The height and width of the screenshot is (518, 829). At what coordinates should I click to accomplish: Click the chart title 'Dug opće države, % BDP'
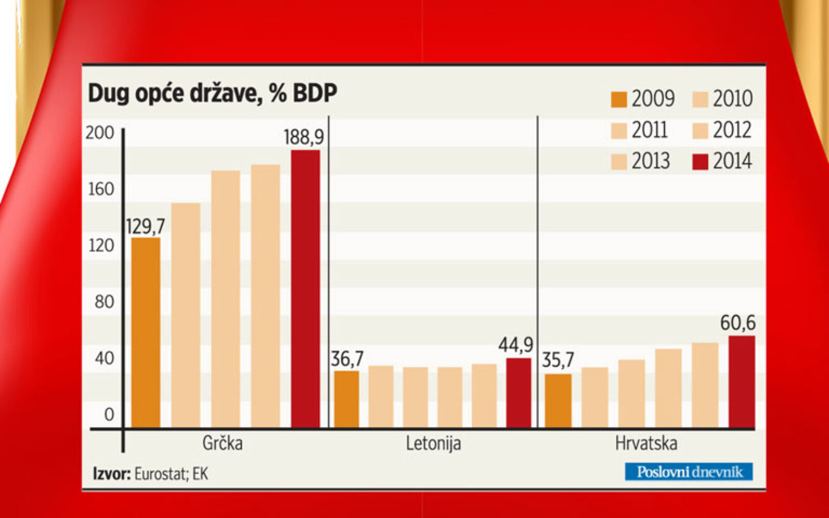point(212,94)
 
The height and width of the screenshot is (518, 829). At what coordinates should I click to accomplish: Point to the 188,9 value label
point(304,137)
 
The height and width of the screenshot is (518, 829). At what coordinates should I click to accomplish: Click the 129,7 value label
point(146,226)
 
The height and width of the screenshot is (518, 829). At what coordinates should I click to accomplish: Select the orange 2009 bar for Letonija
point(347,399)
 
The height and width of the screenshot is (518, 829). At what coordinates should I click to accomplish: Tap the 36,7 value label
point(347,358)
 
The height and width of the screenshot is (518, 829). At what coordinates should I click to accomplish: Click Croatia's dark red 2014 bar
point(741,382)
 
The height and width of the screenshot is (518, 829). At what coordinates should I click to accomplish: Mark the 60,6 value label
point(738,323)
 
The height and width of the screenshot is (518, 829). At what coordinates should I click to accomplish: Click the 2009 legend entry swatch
point(619,99)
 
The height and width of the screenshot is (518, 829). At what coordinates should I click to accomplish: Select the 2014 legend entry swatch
point(700,162)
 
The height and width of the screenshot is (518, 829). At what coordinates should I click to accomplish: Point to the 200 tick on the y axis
point(99,133)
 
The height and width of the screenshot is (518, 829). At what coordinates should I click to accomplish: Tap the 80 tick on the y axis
point(104,301)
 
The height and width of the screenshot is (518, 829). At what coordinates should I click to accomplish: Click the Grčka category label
point(222,443)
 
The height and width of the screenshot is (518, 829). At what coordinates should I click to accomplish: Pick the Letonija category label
point(433,443)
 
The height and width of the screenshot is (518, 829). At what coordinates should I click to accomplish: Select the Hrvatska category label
point(646,443)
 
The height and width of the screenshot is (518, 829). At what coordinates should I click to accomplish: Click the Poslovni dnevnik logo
point(689,472)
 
